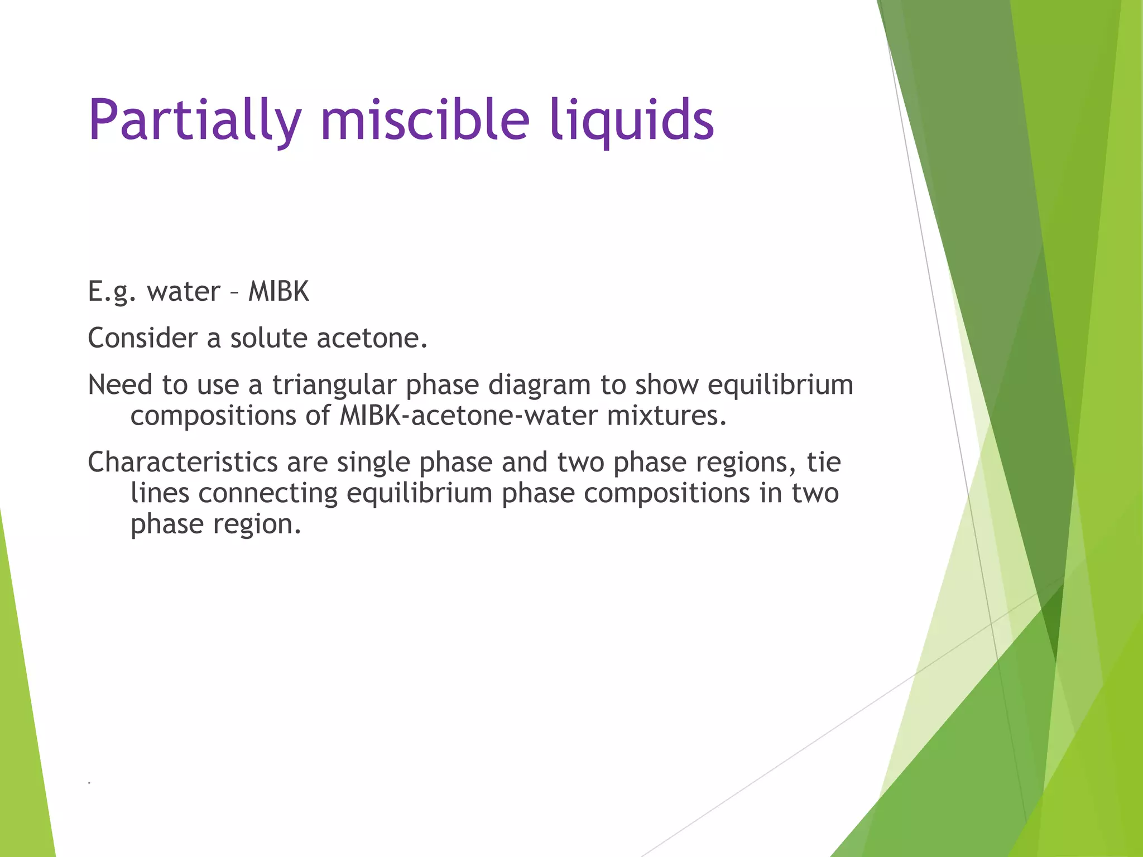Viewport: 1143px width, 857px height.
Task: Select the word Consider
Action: (142, 338)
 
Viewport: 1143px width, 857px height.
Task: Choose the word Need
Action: (120, 385)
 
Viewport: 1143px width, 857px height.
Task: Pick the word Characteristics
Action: (183, 463)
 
